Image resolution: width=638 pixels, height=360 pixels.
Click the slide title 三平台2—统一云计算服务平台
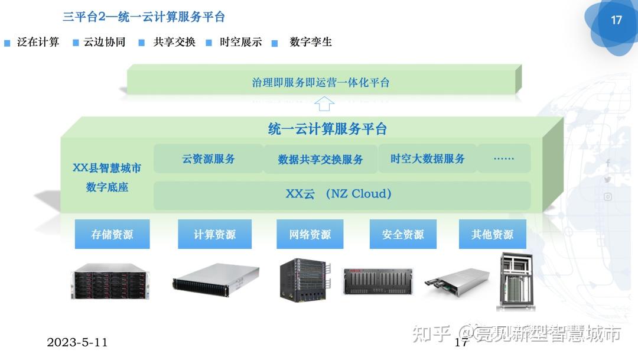click(x=144, y=17)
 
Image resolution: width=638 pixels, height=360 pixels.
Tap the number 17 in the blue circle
click(x=616, y=20)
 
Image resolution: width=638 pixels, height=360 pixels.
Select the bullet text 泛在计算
click(x=38, y=42)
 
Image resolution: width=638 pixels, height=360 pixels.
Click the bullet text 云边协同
click(x=105, y=42)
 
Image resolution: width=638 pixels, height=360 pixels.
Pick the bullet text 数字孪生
click(x=311, y=42)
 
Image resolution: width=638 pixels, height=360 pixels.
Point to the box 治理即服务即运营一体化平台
click(x=321, y=83)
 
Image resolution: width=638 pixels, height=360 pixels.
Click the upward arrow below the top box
click(x=324, y=105)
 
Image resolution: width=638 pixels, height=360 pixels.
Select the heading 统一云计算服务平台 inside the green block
click(x=327, y=128)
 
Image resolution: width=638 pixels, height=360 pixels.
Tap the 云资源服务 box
click(x=208, y=158)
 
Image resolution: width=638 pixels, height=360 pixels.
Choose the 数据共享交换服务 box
click(x=320, y=160)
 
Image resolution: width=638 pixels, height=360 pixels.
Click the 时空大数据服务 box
click(x=427, y=158)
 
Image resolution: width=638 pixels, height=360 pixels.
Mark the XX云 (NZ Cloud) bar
click(x=341, y=194)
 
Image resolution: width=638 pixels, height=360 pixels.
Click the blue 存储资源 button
click(x=112, y=235)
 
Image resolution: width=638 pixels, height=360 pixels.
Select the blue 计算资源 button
click(x=214, y=235)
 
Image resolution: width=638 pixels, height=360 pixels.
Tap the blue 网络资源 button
click(x=310, y=235)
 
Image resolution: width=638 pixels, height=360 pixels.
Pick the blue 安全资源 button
click(x=403, y=235)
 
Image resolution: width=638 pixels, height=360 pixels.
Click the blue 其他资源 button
click(x=492, y=235)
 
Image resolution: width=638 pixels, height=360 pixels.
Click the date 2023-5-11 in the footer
click(x=77, y=342)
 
